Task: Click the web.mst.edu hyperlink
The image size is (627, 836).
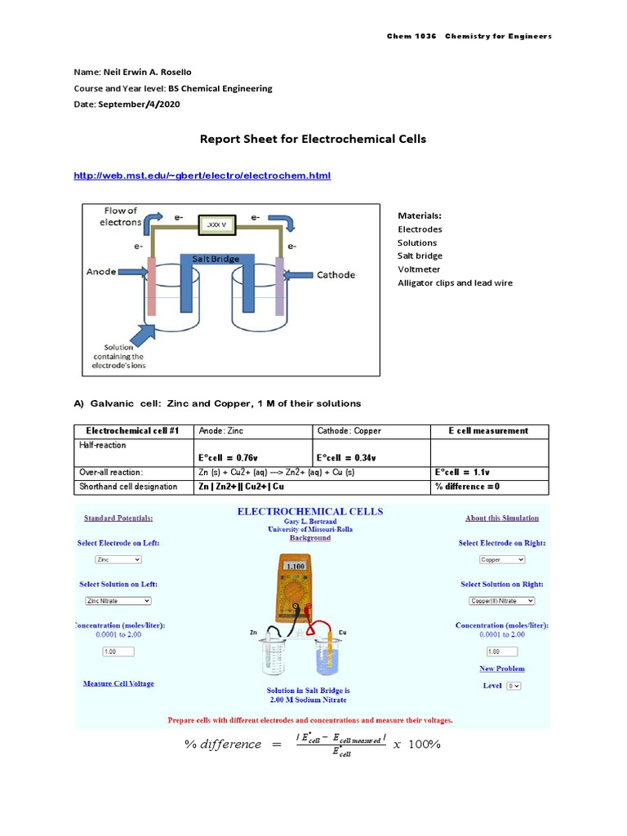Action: [202, 176]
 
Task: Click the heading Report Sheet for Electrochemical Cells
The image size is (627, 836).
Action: [313, 139]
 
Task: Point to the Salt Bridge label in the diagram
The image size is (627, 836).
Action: [216, 259]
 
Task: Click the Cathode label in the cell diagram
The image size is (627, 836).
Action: [336, 275]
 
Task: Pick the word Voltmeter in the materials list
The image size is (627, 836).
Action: [418, 269]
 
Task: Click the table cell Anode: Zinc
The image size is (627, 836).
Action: [222, 431]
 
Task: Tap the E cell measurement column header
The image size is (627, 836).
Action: [488, 431]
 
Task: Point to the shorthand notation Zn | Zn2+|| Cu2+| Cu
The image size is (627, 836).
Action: [242, 487]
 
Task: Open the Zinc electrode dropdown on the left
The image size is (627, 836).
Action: [118, 559]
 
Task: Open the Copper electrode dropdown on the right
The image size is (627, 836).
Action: [502, 559]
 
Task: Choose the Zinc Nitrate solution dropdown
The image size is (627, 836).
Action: [118, 600]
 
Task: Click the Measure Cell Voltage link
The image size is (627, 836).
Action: [118, 683]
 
